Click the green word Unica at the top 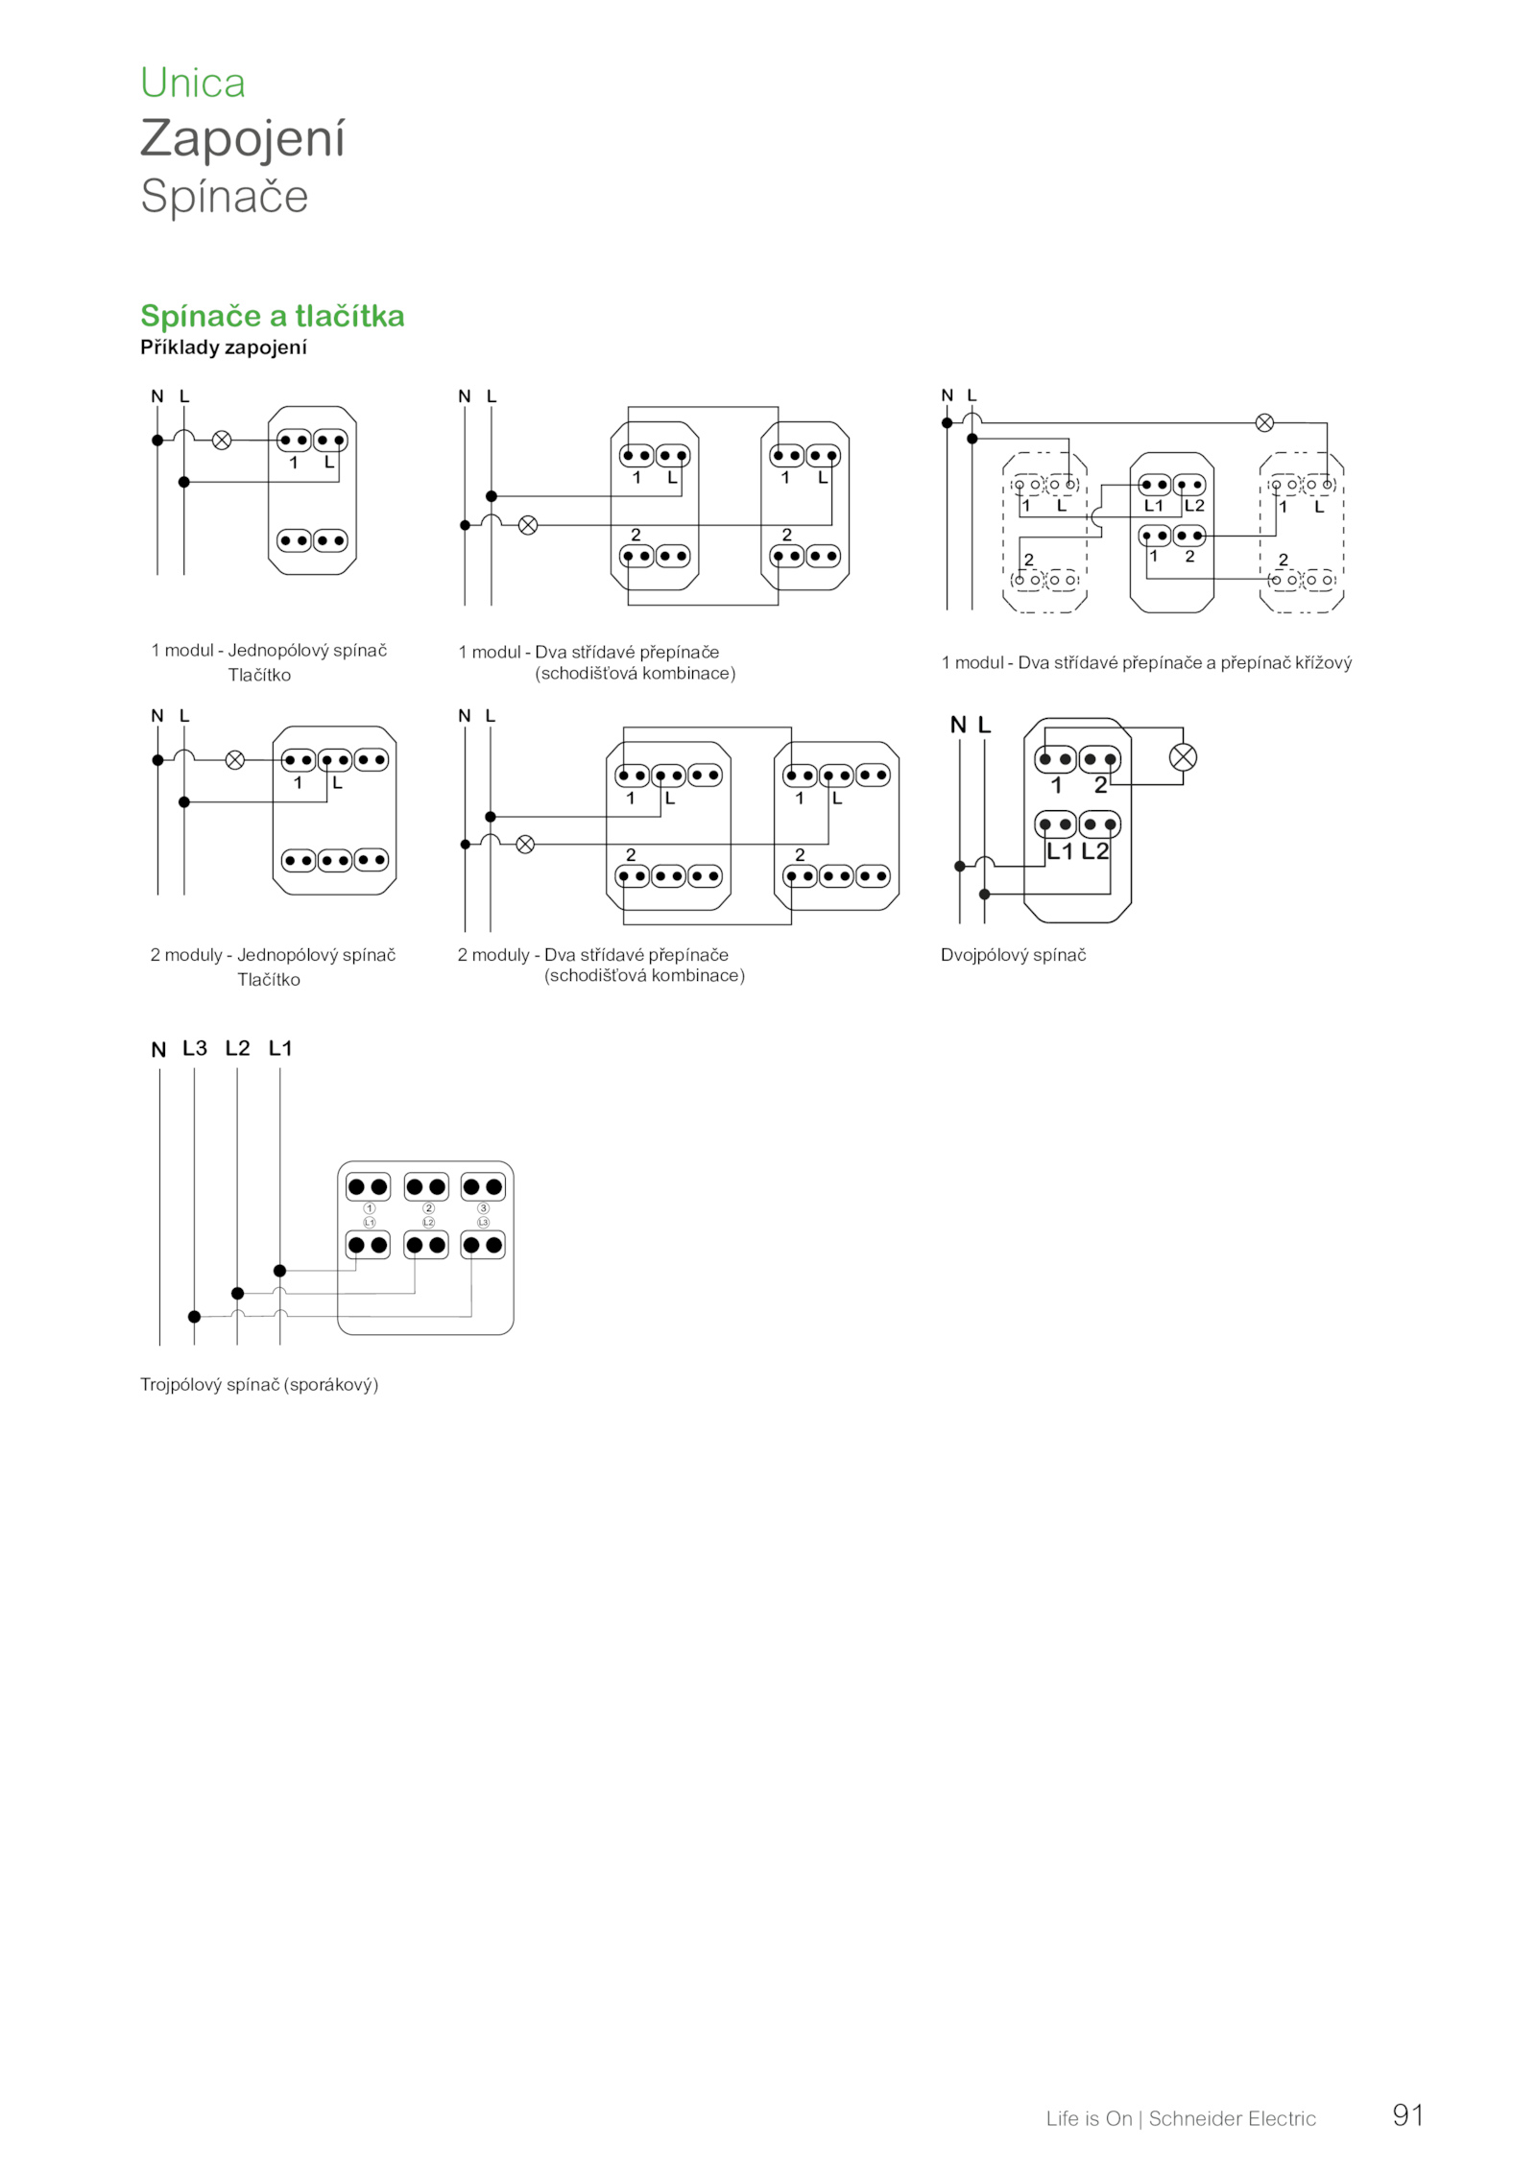(x=193, y=83)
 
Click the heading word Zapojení (x=242, y=139)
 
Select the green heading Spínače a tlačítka (x=273, y=316)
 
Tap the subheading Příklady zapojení (x=224, y=347)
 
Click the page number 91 (x=1408, y=2115)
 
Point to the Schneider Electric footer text (x=1233, y=2118)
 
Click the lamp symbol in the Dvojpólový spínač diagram (x=1183, y=757)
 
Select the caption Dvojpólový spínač (x=1013, y=955)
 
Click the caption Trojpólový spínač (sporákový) (x=259, y=1385)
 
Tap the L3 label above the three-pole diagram (x=195, y=1048)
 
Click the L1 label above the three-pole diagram (x=280, y=1048)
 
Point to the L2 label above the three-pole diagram (x=237, y=1048)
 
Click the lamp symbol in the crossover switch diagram (x=1265, y=422)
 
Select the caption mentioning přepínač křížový (x=1146, y=662)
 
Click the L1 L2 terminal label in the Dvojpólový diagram (x=1077, y=851)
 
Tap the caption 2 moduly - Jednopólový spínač (x=273, y=955)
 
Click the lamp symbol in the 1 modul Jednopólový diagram (x=221, y=441)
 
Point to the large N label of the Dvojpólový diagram (x=958, y=726)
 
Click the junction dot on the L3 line (x=194, y=1316)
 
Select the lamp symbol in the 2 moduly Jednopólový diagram (x=234, y=760)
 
